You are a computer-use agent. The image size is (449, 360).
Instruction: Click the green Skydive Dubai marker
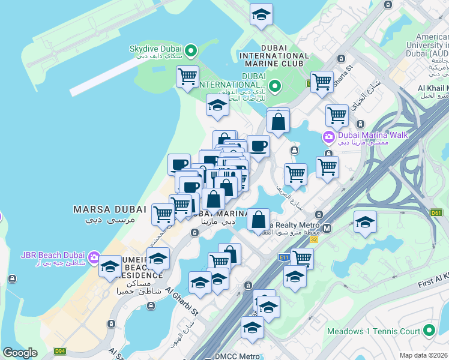coord(191,50)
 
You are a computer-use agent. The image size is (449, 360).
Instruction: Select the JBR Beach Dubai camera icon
coord(94,258)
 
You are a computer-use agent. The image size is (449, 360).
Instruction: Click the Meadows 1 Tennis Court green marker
coord(429,331)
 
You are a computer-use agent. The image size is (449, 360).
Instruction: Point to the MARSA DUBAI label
coord(109,209)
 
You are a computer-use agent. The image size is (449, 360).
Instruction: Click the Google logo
coord(20,353)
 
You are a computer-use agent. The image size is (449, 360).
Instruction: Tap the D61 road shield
coord(436,212)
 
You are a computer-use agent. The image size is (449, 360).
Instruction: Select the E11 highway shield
coord(285,257)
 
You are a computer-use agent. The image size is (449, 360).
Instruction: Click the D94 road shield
coord(59,351)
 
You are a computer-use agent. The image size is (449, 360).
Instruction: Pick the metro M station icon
coord(327,228)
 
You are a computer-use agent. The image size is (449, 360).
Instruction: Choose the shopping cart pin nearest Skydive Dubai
coord(188,76)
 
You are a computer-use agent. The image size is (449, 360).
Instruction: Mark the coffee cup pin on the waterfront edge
coord(178,164)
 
